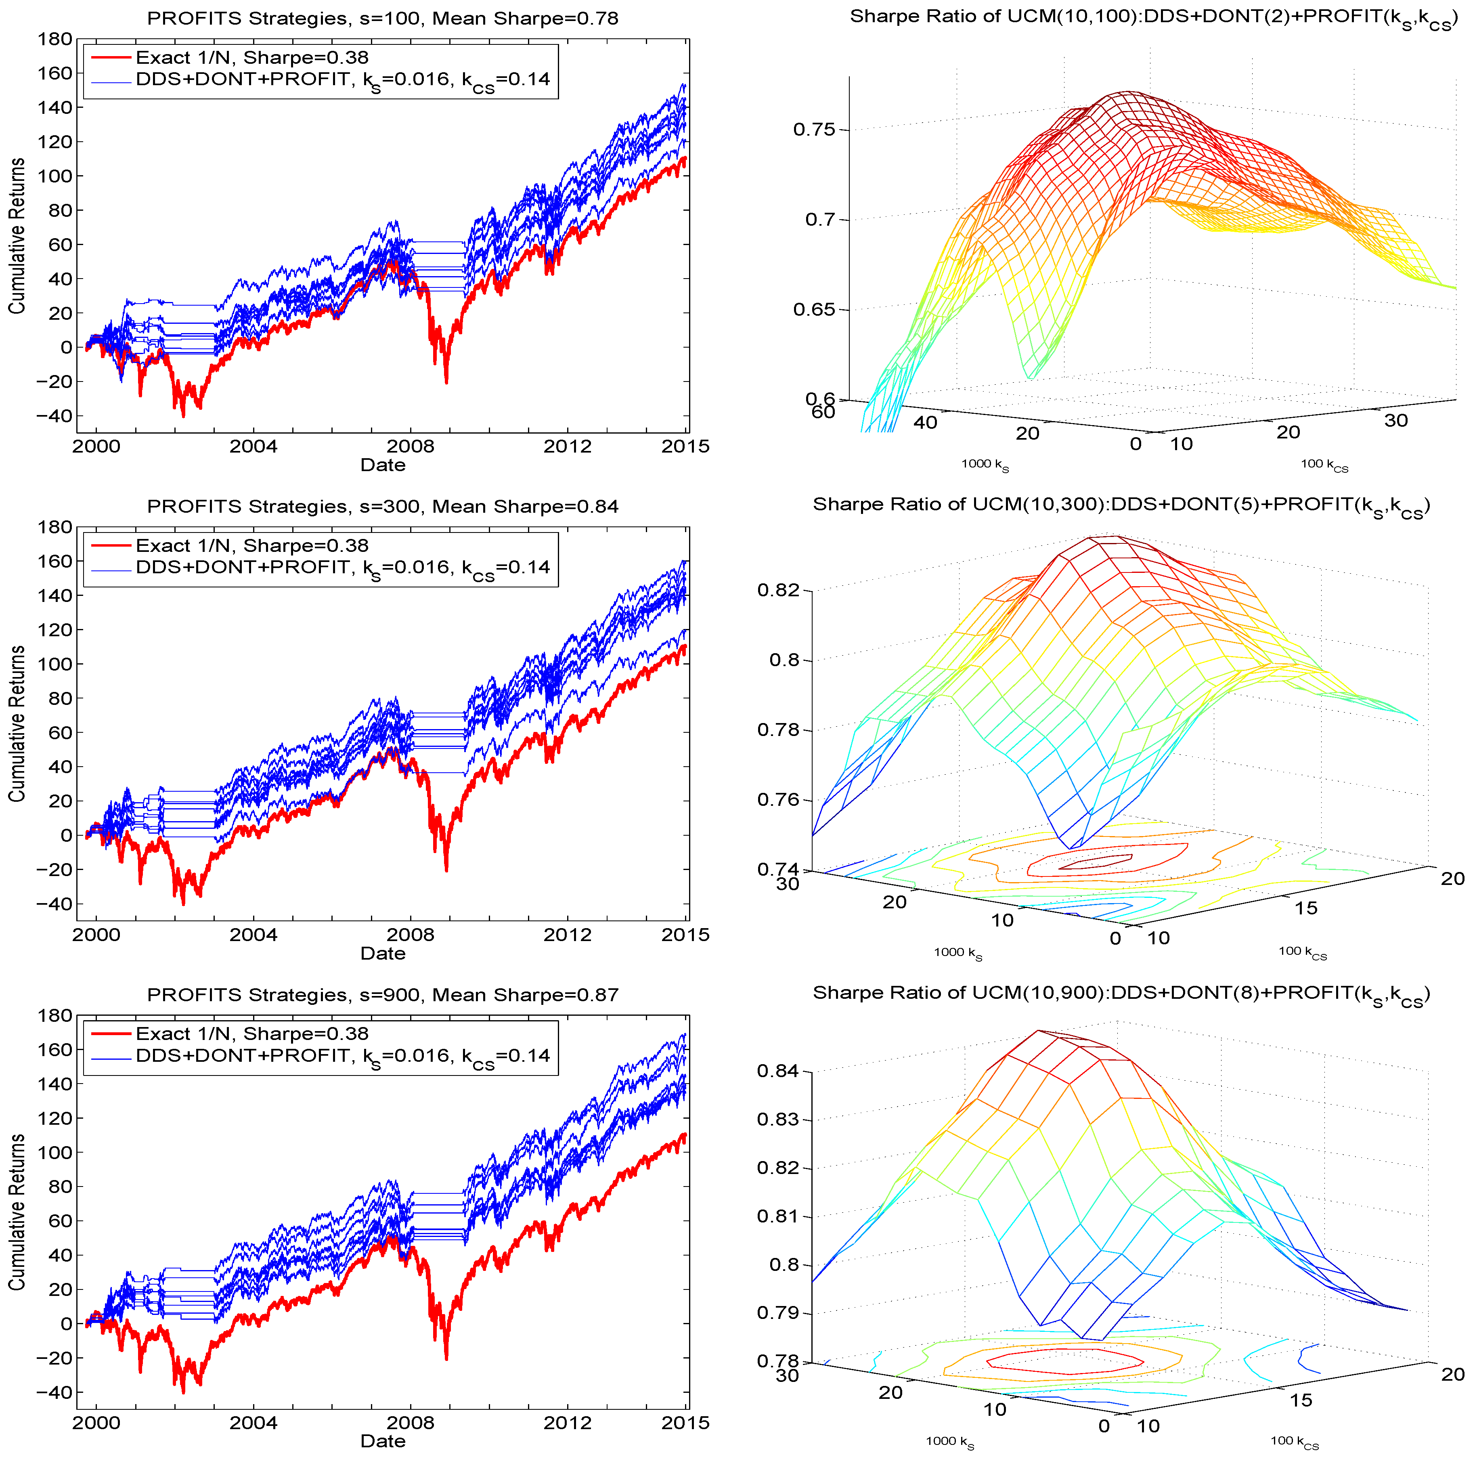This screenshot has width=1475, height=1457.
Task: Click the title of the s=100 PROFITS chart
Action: point(383,18)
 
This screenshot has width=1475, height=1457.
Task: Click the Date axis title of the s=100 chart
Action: point(383,465)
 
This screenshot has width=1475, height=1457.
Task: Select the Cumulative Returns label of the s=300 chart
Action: point(17,723)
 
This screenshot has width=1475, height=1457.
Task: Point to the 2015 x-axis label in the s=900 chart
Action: point(685,1423)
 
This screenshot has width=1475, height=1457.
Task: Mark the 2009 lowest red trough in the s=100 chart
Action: point(446,382)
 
